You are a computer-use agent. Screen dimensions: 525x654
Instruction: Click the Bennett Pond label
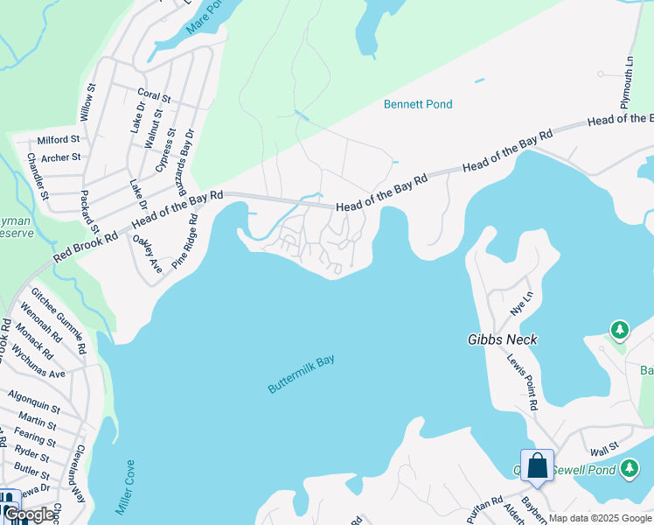point(418,104)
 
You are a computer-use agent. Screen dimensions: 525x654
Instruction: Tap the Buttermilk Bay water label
point(301,374)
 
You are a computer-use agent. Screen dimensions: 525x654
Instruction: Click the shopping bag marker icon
point(537,465)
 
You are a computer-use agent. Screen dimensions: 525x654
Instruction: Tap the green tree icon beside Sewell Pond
point(629,471)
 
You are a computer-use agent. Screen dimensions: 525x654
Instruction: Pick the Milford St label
point(59,139)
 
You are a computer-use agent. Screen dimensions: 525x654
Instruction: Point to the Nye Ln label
point(519,304)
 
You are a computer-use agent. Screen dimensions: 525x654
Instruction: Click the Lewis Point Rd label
point(521,381)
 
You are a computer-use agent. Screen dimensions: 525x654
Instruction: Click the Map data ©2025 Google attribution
point(600,518)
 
